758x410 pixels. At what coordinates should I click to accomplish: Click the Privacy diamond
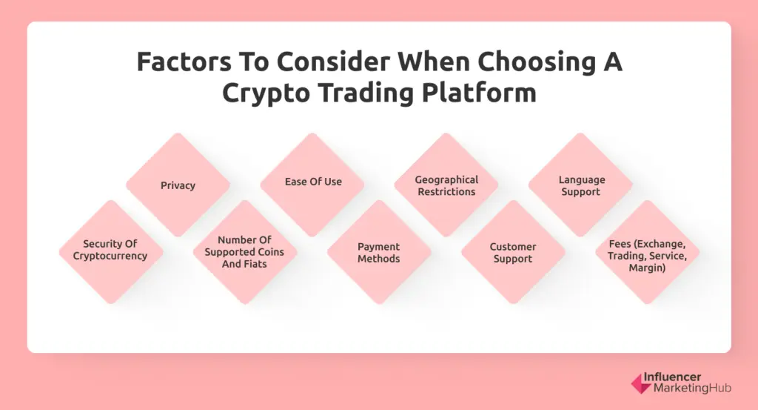(178, 185)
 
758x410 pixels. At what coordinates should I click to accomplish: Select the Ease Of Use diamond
(312, 185)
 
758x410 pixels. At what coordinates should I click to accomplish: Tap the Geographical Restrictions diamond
(446, 185)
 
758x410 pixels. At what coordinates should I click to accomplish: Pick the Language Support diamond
(580, 185)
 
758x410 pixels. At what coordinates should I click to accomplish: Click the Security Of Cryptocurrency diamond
(111, 252)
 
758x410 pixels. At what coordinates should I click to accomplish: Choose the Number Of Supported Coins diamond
(245, 252)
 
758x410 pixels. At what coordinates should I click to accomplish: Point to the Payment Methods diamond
(379, 252)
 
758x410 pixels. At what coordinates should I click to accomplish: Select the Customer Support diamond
(514, 252)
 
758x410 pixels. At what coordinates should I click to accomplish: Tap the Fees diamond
(647, 252)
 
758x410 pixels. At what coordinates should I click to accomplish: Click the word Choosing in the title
(536, 63)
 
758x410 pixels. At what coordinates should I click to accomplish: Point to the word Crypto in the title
(266, 93)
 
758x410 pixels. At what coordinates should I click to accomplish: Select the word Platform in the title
(479, 92)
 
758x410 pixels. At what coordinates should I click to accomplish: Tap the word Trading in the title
(366, 93)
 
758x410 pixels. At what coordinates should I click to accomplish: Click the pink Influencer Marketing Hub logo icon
(642, 383)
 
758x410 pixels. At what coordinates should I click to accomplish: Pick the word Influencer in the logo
(672, 377)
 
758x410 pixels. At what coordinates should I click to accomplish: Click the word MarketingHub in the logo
(692, 388)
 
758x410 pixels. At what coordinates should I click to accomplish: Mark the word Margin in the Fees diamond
(647, 268)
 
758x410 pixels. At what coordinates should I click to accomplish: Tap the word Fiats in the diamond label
(255, 264)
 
